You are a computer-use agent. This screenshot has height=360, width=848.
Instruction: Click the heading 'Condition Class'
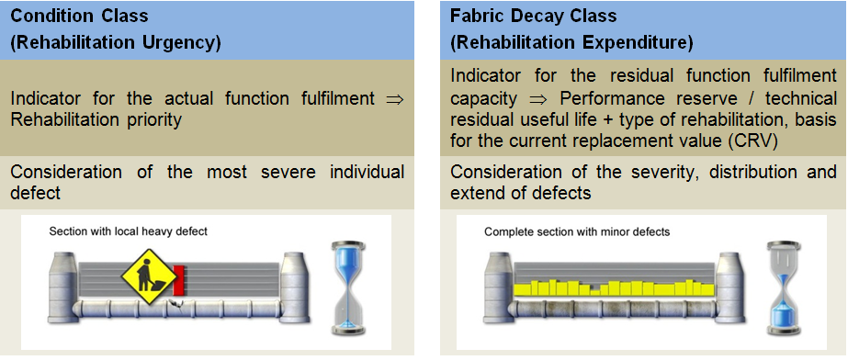[80, 16]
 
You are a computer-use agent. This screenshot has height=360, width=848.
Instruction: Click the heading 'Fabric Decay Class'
[533, 16]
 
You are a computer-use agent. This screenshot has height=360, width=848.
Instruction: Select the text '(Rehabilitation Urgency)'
[116, 42]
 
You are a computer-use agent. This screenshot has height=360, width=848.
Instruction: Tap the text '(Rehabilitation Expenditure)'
[571, 42]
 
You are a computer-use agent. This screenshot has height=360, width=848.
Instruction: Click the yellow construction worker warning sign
[149, 276]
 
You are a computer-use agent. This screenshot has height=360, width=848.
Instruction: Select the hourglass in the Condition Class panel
[348, 287]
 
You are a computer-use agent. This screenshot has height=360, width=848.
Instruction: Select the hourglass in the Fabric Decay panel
[784, 287]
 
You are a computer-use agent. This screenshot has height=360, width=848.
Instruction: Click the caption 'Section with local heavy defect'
[129, 231]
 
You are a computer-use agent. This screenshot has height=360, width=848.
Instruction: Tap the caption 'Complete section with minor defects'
[577, 232]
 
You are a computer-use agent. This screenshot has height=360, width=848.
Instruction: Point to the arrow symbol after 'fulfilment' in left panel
[395, 99]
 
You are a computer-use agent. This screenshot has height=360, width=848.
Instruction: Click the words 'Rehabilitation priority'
[96, 120]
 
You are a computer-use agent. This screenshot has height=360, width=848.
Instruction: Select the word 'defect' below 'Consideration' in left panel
[35, 193]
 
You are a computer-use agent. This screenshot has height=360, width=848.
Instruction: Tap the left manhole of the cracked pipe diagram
[63, 287]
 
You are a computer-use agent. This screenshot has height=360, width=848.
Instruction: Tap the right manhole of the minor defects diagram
[730, 287]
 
